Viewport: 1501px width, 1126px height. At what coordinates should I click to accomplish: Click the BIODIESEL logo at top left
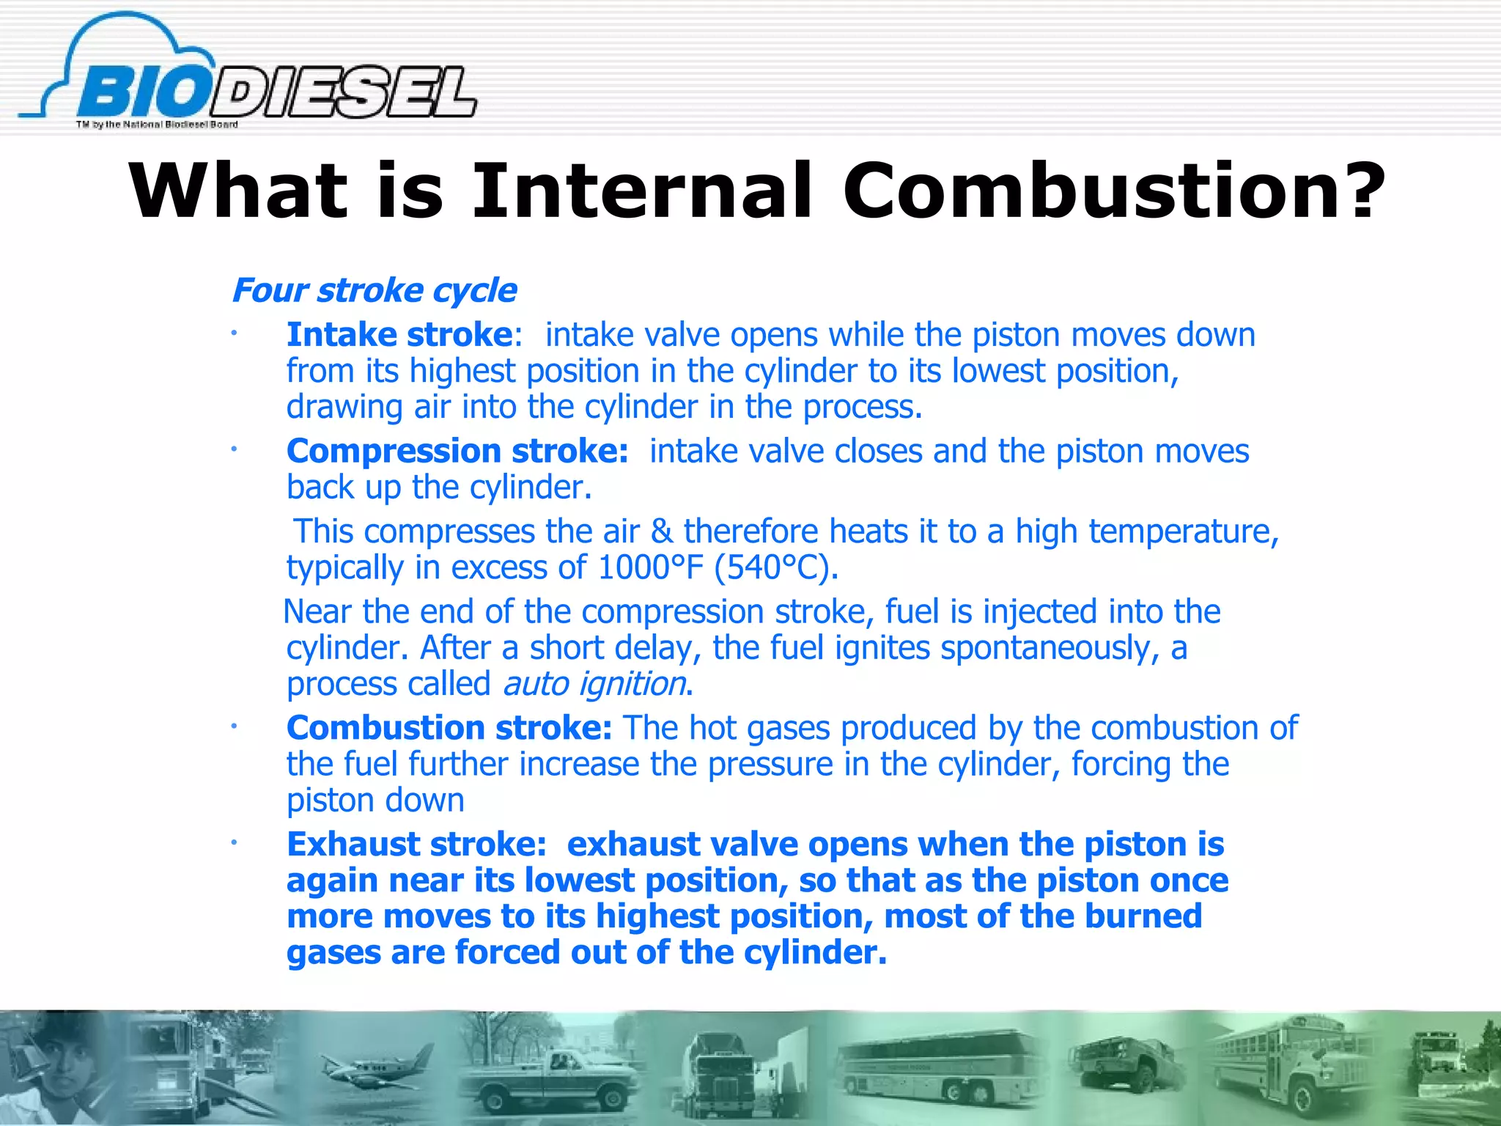(x=249, y=81)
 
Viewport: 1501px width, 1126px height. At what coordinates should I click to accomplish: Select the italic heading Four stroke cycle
(x=374, y=290)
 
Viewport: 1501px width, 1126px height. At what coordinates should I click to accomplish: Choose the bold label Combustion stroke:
(x=449, y=728)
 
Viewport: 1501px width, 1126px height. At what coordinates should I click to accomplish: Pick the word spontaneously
(x=1045, y=648)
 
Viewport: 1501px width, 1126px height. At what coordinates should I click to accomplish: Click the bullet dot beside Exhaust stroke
(x=233, y=844)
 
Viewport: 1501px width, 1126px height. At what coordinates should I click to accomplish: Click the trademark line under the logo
(x=157, y=125)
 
